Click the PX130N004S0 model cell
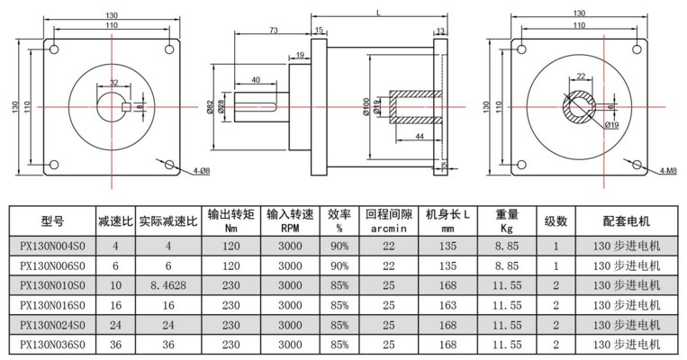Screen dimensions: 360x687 (x=52, y=245)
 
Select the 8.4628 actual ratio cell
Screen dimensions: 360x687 (x=167, y=285)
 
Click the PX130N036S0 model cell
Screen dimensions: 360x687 (x=52, y=345)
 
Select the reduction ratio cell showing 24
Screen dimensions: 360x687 (x=115, y=325)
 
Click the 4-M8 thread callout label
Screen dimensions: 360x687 (x=667, y=170)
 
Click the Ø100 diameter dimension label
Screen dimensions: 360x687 (x=367, y=109)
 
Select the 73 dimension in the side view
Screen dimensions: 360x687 (x=272, y=31)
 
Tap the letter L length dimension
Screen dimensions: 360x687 (x=375, y=11)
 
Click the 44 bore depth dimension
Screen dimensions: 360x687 (x=420, y=136)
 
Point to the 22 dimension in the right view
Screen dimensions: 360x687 (x=581, y=76)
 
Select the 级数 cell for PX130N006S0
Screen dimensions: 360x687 (x=556, y=265)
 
